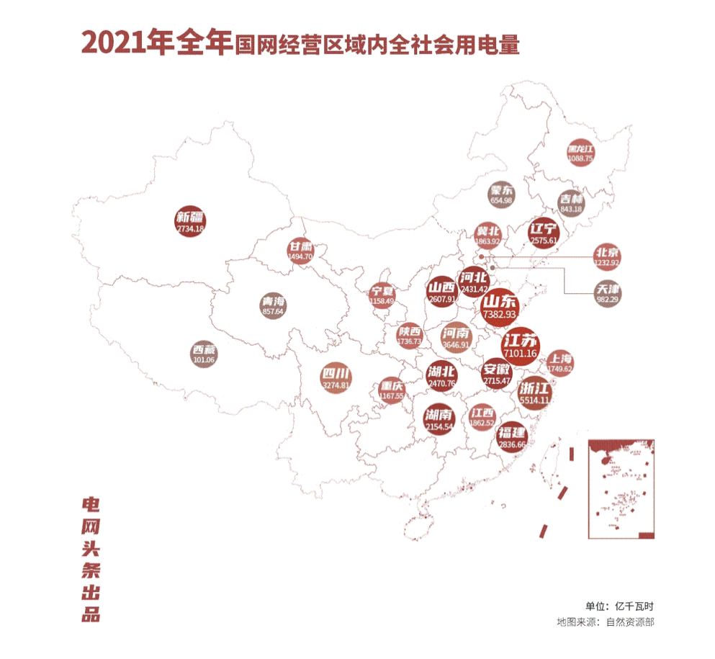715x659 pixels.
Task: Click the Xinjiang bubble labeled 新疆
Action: (x=190, y=222)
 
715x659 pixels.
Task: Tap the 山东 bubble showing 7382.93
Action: (x=500, y=306)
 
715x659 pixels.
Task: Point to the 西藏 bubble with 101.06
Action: (x=205, y=353)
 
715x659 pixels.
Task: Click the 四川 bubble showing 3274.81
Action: (x=336, y=379)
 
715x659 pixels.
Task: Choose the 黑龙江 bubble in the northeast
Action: (x=580, y=152)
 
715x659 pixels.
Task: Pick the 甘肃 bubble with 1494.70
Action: (x=300, y=249)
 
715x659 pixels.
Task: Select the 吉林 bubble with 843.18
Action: (x=570, y=203)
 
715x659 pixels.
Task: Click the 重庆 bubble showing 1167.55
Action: (x=392, y=390)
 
